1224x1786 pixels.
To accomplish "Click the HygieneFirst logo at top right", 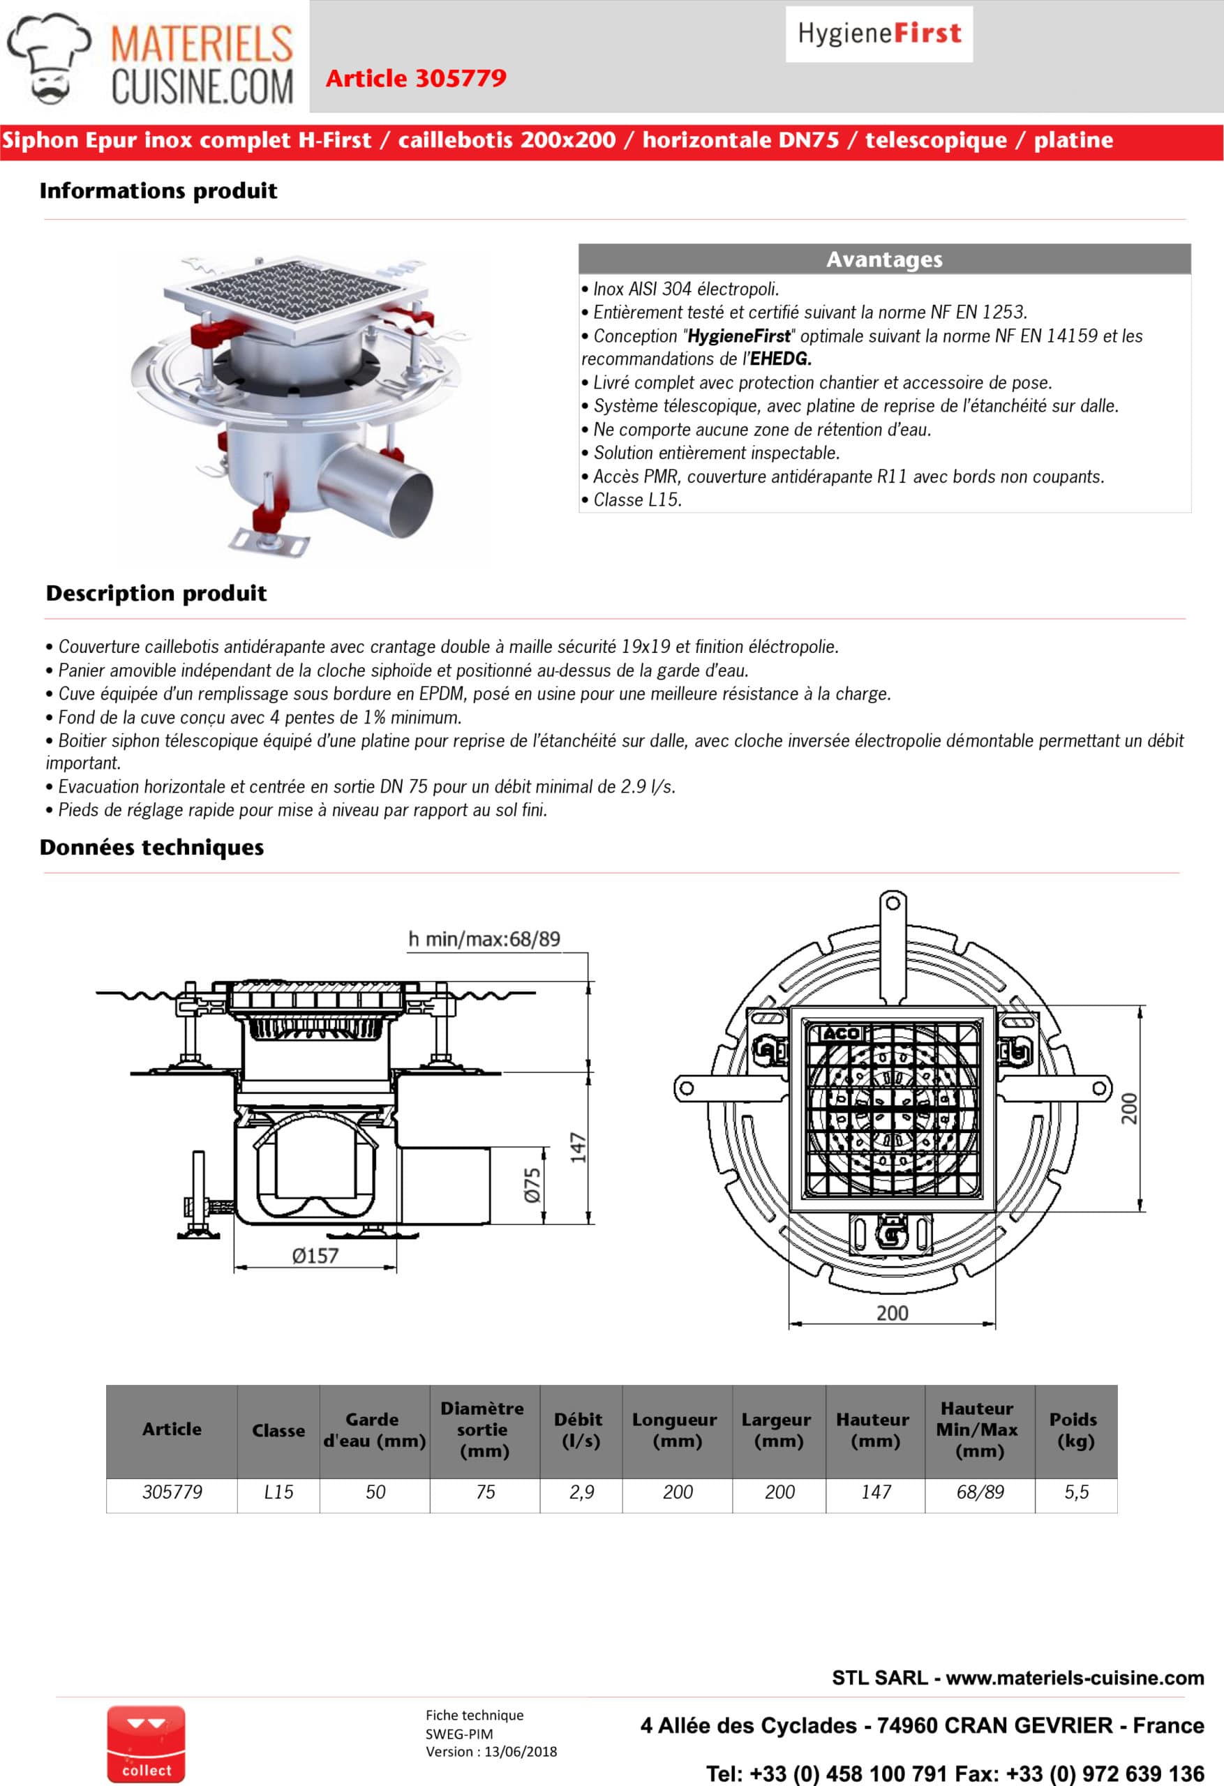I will [x=879, y=33].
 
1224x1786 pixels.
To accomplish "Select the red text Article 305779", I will [x=416, y=78].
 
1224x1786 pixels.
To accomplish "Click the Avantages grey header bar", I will [x=884, y=260].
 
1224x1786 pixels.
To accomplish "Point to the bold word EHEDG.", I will [x=780, y=359].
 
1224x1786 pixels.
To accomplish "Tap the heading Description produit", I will [x=156, y=593].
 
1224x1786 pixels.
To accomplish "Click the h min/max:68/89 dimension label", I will [x=484, y=939].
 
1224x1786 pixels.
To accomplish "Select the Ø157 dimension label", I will [x=315, y=1256].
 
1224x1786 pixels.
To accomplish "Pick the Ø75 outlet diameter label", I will [x=532, y=1186].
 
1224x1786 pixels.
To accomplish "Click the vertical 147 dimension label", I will [x=579, y=1148].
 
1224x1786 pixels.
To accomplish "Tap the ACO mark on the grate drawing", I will [x=841, y=1035].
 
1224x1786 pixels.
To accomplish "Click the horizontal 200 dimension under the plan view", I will [x=892, y=1314].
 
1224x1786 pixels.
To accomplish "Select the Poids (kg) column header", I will [x=1074, y=1430].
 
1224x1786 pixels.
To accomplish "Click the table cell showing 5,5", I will [x=1075, y=1492].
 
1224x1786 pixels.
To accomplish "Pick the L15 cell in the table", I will [x=278, y=1492].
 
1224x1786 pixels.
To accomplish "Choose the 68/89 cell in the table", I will [x=980, y=1492].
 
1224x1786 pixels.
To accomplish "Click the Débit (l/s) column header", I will [x=580, y=1430].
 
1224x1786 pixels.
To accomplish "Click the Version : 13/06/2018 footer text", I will [x=491, y=1751].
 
